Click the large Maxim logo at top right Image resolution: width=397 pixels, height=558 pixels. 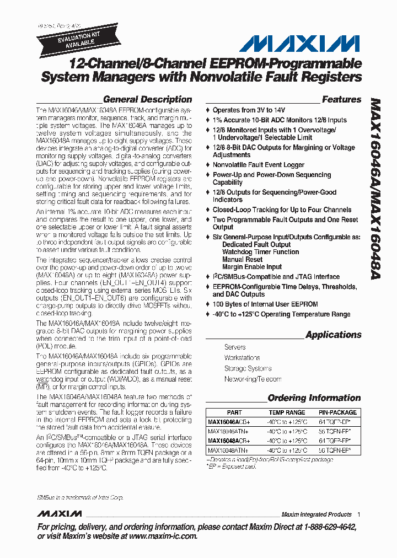[295, 44]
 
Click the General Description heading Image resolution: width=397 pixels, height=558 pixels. [147, 100]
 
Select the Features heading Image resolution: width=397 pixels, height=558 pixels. [341, 100]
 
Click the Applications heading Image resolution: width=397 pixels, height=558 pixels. [333, 335]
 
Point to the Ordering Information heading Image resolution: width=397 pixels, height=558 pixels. [314, 398]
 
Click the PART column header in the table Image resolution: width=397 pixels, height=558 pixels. [234, 412]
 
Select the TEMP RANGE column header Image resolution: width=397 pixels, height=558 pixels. [287, 412]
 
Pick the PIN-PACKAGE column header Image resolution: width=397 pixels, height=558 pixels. [337, 412]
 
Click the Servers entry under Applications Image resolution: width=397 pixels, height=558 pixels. [235, 347]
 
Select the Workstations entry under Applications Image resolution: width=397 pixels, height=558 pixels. [242, 358]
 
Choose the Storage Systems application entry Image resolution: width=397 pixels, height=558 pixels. [248, 368]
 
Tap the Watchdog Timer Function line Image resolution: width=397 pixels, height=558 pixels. [260, 252]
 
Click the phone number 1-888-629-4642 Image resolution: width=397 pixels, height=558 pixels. [325, 527]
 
